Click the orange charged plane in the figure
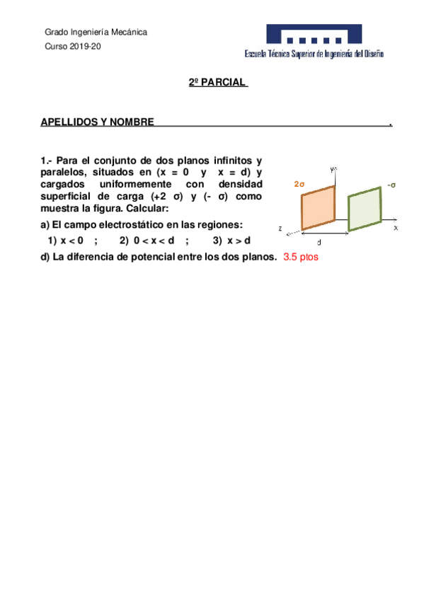(319, 207)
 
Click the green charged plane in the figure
(365, 208)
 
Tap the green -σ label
(391, 185)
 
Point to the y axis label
(333, 169)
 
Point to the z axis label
(281, 229)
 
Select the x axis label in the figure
(396, 229)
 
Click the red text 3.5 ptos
(301, 257)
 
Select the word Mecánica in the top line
(127, 32)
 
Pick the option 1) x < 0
(66, 241)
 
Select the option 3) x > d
(231, 241)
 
